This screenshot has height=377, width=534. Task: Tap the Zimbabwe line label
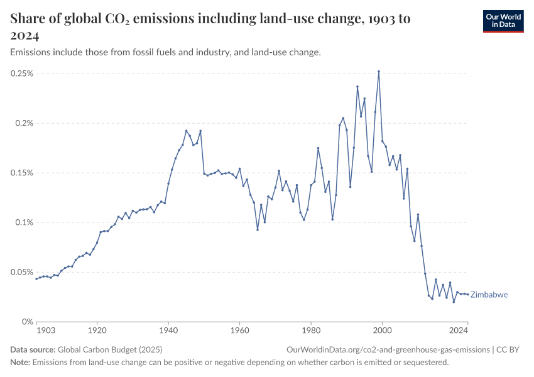pyautogui.click(x=489, y=295)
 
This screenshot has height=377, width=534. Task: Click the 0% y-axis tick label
pyautogui.click(x=28, y=322)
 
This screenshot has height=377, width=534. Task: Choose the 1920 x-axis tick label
pyautogui.click(x=97, y=330)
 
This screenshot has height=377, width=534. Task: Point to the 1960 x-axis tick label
pyautogui.click(x=239, y=330)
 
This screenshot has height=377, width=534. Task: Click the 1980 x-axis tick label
pyautogui.click(x=311, y=330)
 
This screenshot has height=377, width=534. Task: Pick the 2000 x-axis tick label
pyautogui.click(x=382, y=330)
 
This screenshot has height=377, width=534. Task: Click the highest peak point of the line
pyautogui.click(x=379, y=72)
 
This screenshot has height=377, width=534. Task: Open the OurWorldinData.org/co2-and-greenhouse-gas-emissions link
pyautogui.click(x=388, y=349)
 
